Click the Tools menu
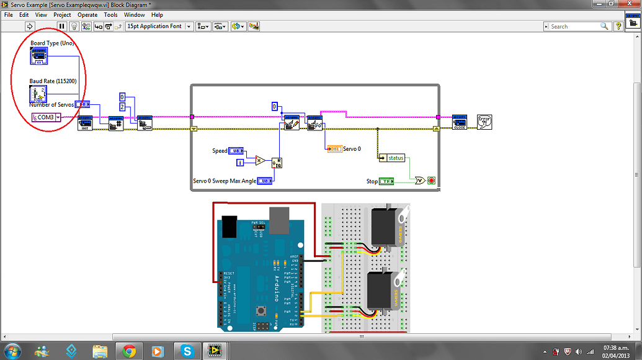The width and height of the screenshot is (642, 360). point(110,15)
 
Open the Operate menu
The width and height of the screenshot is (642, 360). point(87,15)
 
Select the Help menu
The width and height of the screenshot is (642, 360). point(157,15)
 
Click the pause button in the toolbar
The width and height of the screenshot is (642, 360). point(61,26)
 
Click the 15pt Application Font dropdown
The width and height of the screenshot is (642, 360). point(158,26)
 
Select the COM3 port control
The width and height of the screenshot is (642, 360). point(46,117)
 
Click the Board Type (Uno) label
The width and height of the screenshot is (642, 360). point(52,43)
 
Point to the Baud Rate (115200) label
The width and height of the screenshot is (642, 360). point(53,81)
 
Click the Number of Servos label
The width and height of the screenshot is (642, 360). point(51,105)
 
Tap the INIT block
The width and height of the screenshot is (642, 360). point(85,123)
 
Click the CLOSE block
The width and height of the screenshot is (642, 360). point(459,122)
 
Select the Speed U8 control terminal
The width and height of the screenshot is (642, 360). point(236,151)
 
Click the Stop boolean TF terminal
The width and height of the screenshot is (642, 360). point(388,181)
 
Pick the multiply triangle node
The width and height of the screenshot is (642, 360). point(260,160)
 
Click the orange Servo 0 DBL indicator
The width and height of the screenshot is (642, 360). point(334,149)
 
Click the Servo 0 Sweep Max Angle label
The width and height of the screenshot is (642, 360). point(223,181)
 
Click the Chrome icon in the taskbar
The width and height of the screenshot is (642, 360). point(129,351)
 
